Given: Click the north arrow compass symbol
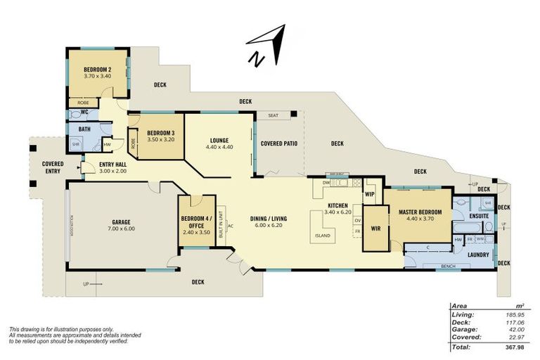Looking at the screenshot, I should point(266,46).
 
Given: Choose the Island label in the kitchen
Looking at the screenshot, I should point(323,235).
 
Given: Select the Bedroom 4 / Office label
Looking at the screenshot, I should point(192,222).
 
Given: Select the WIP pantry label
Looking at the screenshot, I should point(369,193).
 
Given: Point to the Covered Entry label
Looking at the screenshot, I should point(53,167).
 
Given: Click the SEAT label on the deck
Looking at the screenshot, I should point(271,115).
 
